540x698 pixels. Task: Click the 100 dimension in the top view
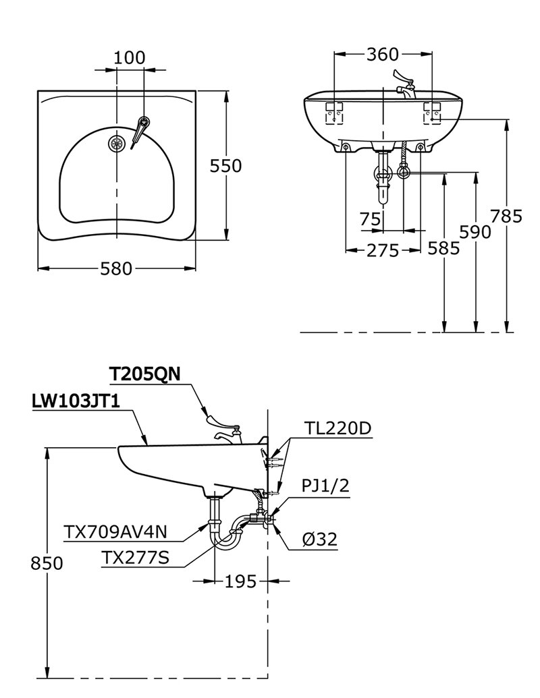(129, 57)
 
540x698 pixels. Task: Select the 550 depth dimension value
(225, 166)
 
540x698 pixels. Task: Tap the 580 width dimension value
(116, 268)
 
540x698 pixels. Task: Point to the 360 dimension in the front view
(383, 55)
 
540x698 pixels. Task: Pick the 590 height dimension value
(475, 231)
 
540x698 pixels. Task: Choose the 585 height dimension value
(443, 248)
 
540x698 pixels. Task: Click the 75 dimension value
(370, 219)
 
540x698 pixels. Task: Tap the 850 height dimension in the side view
(47, 563)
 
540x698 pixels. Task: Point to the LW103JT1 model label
(76, 402)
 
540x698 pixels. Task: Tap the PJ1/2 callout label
(325, 487)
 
